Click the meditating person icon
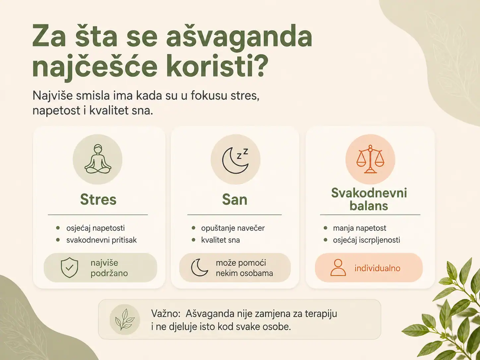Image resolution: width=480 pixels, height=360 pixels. click(98, 159)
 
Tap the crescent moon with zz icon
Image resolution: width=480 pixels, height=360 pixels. click(235, 160)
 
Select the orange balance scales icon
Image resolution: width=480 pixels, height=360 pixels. click(370, 159)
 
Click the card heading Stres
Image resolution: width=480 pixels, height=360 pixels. click(98, 199)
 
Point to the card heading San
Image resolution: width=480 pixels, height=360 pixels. click(235, 199)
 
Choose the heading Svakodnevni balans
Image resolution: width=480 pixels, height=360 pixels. click(369, 199)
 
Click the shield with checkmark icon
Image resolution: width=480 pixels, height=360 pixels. click(69, 268)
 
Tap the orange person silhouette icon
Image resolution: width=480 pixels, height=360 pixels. click(338, 268)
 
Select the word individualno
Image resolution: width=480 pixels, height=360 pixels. click(378, 268)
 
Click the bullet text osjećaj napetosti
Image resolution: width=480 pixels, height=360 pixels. click(95, 228)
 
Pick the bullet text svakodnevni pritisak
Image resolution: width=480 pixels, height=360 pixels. click(101, 240)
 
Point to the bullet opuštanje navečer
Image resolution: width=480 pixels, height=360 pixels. click(233, 228)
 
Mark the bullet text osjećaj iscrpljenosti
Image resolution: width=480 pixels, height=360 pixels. click(367, 240)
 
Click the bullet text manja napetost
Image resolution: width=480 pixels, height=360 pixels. click(360, 228)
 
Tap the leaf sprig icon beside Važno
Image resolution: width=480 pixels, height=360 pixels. click(125, 319)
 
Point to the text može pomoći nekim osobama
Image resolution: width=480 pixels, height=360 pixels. click(245, 268)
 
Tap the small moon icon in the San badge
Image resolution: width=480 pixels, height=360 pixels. click(199, 268)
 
